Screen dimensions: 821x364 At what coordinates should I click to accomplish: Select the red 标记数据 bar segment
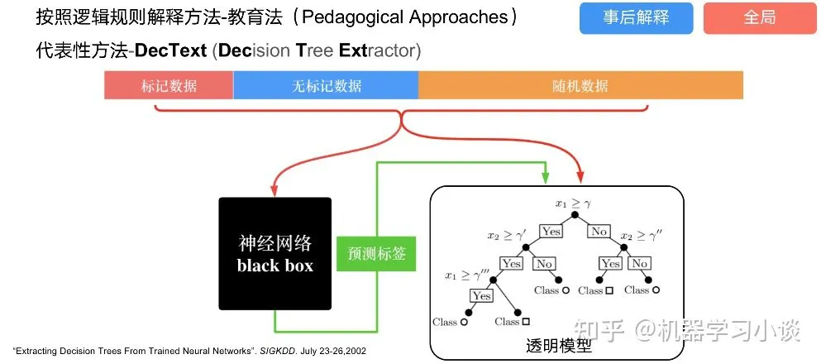(169, 86)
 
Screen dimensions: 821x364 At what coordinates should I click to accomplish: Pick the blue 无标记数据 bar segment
(326, 86)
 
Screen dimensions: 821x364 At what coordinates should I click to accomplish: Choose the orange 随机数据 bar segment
(580, 86)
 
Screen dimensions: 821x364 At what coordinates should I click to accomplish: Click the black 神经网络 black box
(274, 253)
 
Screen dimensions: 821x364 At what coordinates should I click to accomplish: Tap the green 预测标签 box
(376, 253)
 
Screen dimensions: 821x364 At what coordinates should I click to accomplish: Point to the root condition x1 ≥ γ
(572, 202)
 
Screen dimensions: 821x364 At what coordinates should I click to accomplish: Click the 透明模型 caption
(559, 347)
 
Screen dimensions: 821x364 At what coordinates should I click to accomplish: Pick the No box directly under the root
(599, 232)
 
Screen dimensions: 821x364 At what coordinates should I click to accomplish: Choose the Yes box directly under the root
(550, 232)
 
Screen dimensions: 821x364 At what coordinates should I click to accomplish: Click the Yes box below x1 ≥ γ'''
(481, 295)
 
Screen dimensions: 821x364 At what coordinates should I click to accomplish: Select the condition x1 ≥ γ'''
(466, 275)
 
